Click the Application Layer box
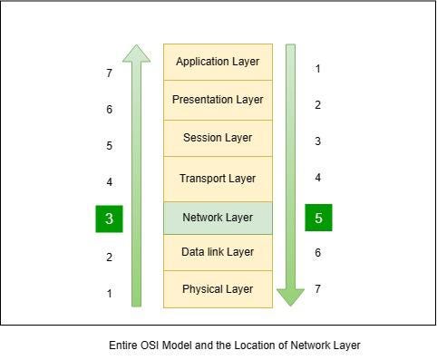218,62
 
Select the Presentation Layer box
218,100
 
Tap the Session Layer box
218,138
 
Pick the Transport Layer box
218,179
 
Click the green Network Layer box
218,218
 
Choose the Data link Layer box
218,252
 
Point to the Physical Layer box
218,289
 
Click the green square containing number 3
110,219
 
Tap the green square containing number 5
318,218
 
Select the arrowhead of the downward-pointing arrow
290,296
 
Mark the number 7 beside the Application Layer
110,73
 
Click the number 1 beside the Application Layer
318,69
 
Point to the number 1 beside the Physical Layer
110,294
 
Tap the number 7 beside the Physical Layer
318,289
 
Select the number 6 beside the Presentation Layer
110,110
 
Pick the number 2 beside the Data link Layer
110,258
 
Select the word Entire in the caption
123,345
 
